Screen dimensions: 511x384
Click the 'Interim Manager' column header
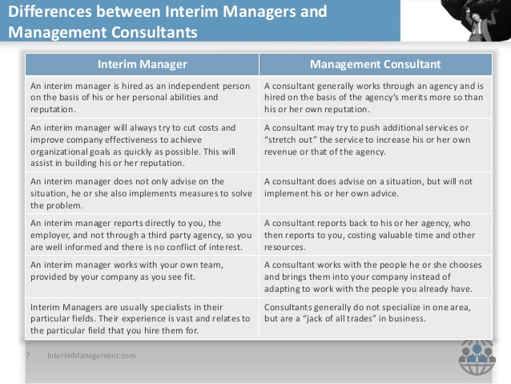pos(142,64)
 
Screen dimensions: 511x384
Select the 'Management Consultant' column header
pos(376,64)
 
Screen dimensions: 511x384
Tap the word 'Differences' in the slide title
pos(50,11)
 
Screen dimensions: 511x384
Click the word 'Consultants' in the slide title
pos(154,32)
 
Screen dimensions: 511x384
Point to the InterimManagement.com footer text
pos(91,356)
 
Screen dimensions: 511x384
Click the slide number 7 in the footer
pos(28,356)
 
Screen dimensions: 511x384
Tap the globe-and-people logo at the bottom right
pos(477,358)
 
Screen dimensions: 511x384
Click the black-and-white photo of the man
pos(476,20)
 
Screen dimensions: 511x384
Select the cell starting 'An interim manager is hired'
pos(142,97)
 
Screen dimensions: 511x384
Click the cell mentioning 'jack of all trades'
pos(376,319)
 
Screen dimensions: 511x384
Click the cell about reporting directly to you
pos(142,235)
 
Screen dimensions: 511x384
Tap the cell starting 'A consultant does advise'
pos(376,193)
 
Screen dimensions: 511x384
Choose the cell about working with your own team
pos(142,277)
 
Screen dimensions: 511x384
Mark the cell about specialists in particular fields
pos(142,319)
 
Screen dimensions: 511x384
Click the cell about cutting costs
pos(142,145)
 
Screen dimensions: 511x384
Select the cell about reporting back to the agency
pos(376,235)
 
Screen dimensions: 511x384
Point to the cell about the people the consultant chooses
pos(376,277)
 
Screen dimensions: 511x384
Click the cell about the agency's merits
pos(376,97)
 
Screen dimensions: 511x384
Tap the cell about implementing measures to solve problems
pos(142,193)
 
